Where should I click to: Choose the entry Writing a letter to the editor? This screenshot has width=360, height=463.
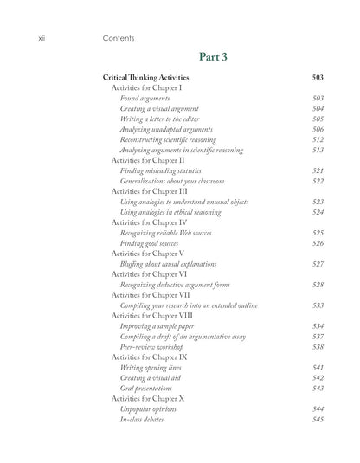coord(165,119)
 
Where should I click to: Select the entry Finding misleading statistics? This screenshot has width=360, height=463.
coord(164,171)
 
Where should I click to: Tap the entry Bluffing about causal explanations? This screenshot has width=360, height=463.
coord(174,264)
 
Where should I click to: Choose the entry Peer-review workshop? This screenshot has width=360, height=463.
coord(156,347)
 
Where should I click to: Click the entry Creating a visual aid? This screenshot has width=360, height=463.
coord(153,378)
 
